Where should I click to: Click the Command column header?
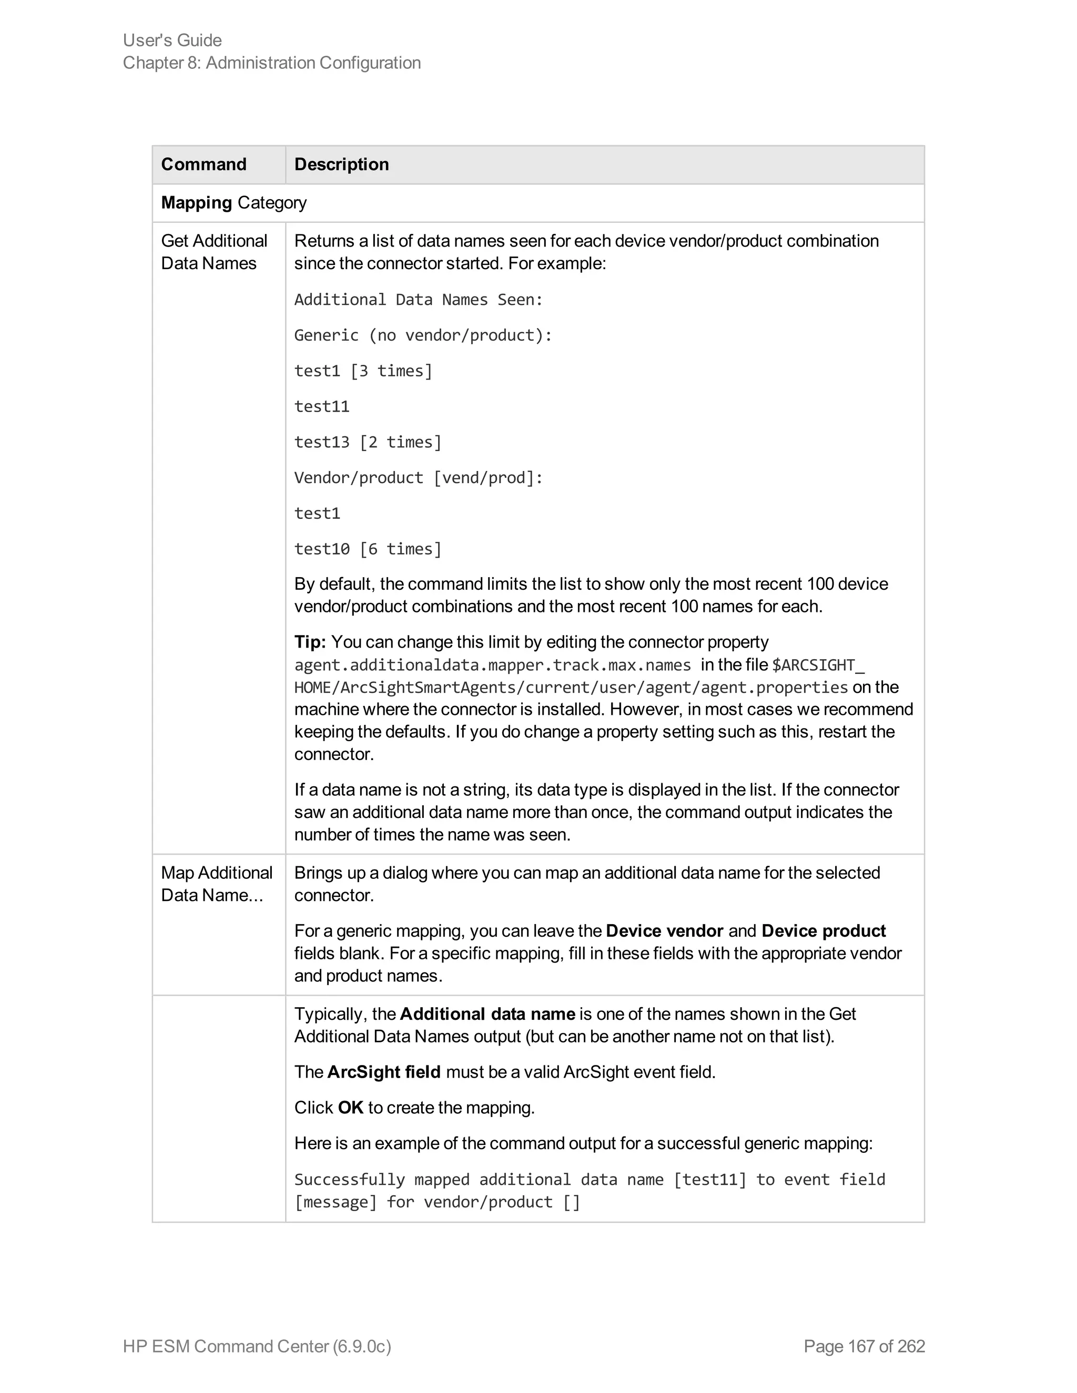pos(204,165)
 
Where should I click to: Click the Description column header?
pos(341,165)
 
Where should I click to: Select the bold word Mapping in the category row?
pos(196,203)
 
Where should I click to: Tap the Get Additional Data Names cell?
pos(214,252)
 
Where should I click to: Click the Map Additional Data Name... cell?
pos(216,884)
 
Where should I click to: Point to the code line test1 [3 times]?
pos(363,371)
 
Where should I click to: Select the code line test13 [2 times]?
pos(368,442)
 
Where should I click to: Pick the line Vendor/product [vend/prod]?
pos(419,478)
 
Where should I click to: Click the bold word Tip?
pos(310,642)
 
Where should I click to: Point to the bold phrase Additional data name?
pos(487,1014)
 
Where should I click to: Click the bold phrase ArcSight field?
pos(383,1072)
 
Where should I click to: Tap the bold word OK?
pos(350,1108)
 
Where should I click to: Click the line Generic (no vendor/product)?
pos(423,335)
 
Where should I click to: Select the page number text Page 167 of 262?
pos(864,1346)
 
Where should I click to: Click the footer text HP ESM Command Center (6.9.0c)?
pos(257,1346)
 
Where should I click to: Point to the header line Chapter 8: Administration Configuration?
pos(272,63)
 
